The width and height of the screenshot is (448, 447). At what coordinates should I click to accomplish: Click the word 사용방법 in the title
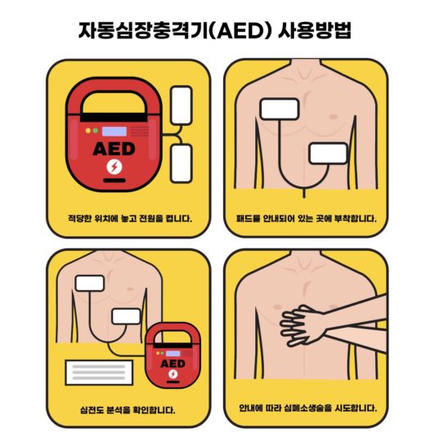pyautogui.click(x=315, y=30)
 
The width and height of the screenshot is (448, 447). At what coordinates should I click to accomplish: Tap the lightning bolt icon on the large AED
pyautogui.click(x=114, y=167)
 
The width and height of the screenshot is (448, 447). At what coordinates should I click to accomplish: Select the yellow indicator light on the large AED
pyautogui.click(x=88, y=131)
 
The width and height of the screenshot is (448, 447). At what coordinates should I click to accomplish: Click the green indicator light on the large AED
pyautogui.click(x=96, y=131)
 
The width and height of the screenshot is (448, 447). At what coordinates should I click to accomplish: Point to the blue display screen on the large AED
pyautogui.click(x=114, y=132)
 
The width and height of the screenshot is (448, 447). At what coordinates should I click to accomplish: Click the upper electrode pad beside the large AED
pyautogui.click(x=181, y=105)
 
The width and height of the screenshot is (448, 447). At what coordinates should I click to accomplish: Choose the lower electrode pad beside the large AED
pyautogui.click(x=181, y=163)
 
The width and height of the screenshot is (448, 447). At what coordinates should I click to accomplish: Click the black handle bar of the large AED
pyautogui.click(x=114, y=117)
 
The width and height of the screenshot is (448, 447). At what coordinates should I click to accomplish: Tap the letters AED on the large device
pyautogui.click(x=114, y=149)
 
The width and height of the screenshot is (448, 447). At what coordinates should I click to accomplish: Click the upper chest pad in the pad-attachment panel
pyautogui.click(x=280, y=109)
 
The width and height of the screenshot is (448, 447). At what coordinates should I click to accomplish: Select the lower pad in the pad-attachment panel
pyautogui.click(x=329, y=154)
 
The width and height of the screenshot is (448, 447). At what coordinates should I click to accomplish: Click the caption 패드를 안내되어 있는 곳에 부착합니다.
pyautogui.click(x=307, y=219)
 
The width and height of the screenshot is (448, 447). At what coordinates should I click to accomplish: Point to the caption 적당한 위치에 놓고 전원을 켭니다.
pyautogui.click(x=130, y=219)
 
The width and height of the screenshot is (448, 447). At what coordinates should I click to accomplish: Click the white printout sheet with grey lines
pyautogui.click(x=99, y=373)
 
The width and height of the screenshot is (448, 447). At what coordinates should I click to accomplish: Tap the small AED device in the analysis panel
pyautogui.click(x=172, y=355)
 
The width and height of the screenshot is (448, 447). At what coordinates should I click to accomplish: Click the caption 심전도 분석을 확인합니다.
pyautogui.click(x=128, y=410)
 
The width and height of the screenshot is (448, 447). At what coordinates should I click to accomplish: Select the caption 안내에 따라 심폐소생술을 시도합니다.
pyautogui.click(x=308, y=408)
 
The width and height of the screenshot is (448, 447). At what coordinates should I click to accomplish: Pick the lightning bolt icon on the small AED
pyautogui.click(x=172, y=374)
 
